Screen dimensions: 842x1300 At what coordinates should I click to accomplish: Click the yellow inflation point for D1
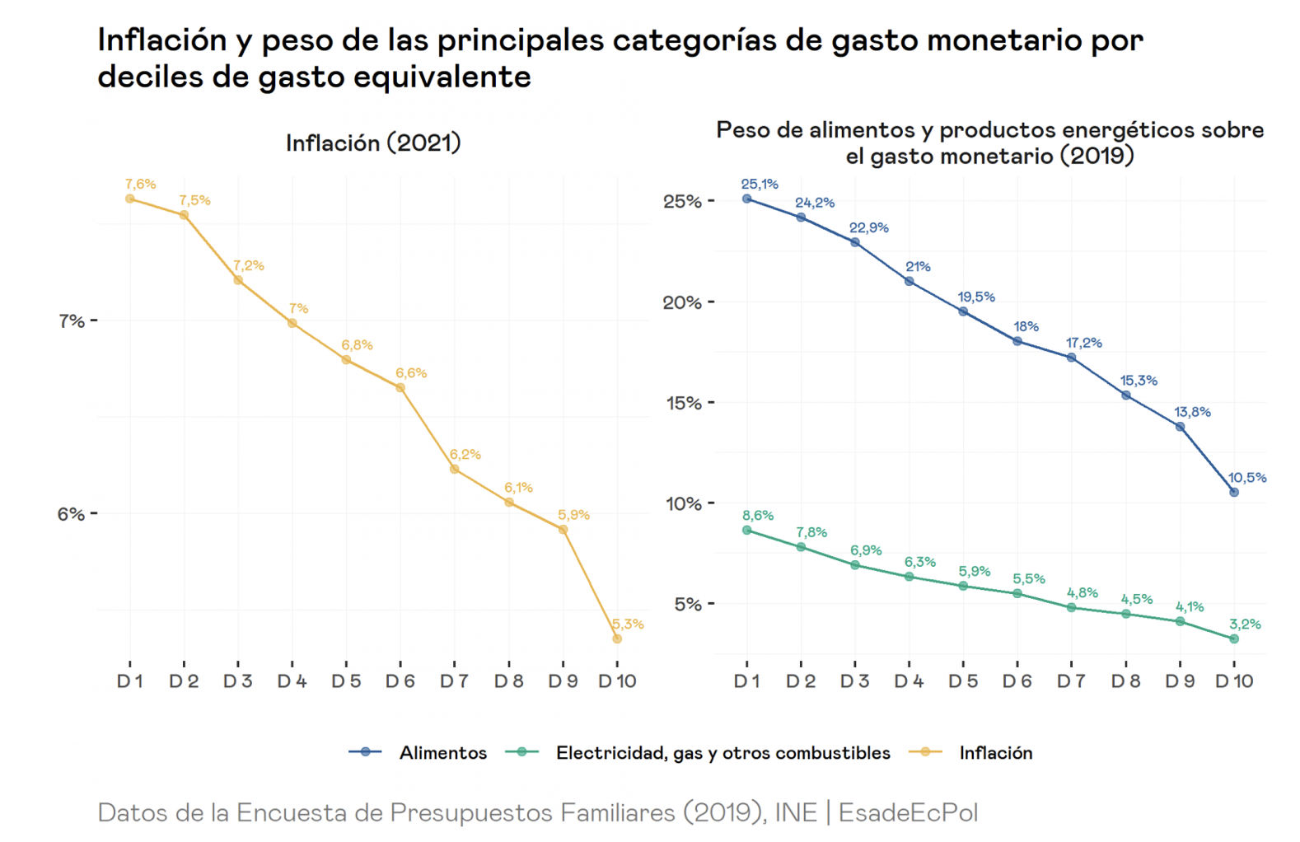pyautogui.click(x=130, y=199)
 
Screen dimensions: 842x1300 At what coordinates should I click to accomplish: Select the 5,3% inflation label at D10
pyautogui.click(x=628, y=624)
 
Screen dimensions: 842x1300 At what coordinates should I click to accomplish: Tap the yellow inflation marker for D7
pyautogui.click(x=455, y=470)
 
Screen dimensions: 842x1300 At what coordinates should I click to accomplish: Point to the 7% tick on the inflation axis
pyautogui.click(x=72, y=320)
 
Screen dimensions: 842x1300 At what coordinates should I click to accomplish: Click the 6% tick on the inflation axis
pyautogui.click(x=72, y=514)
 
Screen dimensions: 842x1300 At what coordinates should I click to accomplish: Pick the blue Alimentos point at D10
pyautogui.click(x=1234, y=493)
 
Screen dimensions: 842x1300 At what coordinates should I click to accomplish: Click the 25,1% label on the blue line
pyautogui.click(x=759, y=185)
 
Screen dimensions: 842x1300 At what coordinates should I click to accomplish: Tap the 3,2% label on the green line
pyautogui.click(x=1244, y=624)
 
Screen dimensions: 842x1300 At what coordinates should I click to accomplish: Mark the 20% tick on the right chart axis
pyautogui.click(x=683, y=302)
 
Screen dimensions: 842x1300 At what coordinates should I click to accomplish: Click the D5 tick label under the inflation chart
pyautogui.click(x=346, y=681)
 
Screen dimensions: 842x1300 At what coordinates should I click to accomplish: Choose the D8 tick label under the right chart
pyautogui.click(x=1125, y=681)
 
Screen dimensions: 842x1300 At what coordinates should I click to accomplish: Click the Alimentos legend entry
pyautogui.click(x=442, y=753)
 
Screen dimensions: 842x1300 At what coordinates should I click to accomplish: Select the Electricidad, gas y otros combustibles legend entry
pyautogui.click(x=722, y=753)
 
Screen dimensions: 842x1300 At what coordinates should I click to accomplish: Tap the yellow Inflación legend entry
pyautogui.click(x=995, y=753)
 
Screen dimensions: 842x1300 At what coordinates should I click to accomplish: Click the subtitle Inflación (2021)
pyautogui.click(x=373, y=143)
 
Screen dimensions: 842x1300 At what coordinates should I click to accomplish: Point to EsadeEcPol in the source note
pyautogui.click(x=908, y=813)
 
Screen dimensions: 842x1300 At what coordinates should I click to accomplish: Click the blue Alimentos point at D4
pyautogui.click(x=910, y=281)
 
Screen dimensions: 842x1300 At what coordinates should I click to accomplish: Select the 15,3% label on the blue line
pyautogui.click(x=1139, y=381)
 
